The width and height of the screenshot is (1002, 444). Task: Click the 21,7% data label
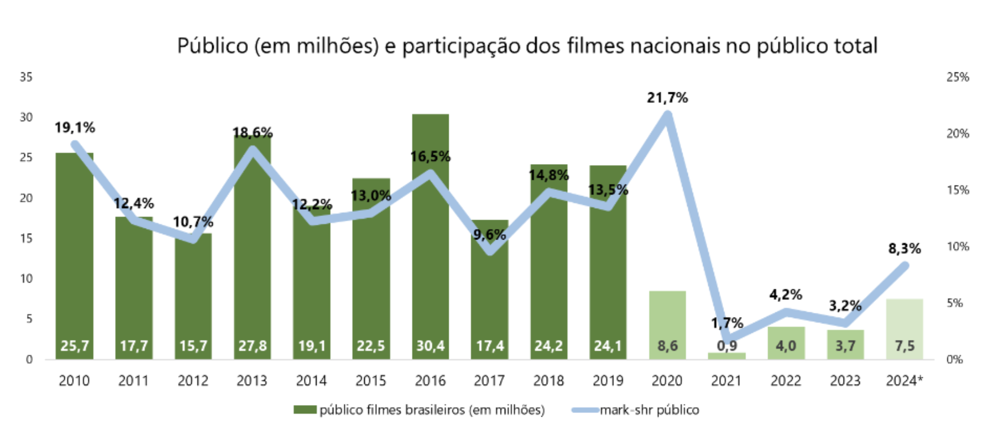pyautogui.click(x=667, y=98)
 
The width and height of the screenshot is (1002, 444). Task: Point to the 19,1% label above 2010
pyautogui.click(x=75, y=127)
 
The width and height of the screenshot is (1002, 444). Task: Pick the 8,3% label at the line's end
pyautogui.click(x=904, y=249)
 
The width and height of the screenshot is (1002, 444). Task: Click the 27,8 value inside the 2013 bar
pyautogui.click(x=253, y=346)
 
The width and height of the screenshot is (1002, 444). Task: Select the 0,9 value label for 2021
pyautogui.click(x=727, y=346)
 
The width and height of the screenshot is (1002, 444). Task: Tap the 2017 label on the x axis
pyautogui.click(x=489, y=381)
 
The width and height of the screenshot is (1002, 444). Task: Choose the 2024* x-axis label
pyautogui.click(x=904, y=381)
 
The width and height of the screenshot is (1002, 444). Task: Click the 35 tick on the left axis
pyautogui.click(x=26, y=77)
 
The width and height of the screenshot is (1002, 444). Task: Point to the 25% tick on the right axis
pyautogui.click(x=958, y=77)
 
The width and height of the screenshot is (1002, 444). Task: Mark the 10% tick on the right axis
pyautogui.click(x=958, y=247)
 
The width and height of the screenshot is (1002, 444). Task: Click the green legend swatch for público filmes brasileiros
pyautogui.click(x=305, y=410)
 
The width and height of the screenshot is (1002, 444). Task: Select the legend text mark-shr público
pyautogui.click(x=649, y=410)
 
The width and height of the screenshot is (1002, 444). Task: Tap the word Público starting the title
pyautogui.click(x=213, y=46)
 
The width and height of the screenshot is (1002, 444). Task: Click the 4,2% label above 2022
pyautogui.click(x=786, y=294)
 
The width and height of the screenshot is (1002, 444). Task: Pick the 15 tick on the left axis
pyautogui.click(x=26, y=238)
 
